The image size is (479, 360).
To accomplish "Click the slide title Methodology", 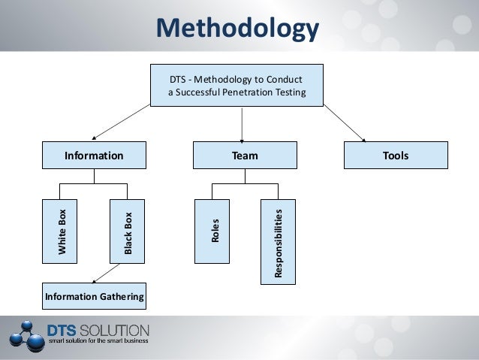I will click(238, 29).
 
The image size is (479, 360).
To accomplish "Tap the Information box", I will click(94, 156).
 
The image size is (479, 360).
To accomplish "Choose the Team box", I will click(245, 156).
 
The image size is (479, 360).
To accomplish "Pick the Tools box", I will click(395, 156).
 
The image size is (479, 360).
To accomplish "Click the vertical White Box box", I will click(63, 230).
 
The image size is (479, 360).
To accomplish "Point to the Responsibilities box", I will click(278, 241).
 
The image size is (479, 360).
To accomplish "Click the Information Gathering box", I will click(94, 298).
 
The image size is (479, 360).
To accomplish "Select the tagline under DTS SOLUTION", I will click(98, 340).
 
